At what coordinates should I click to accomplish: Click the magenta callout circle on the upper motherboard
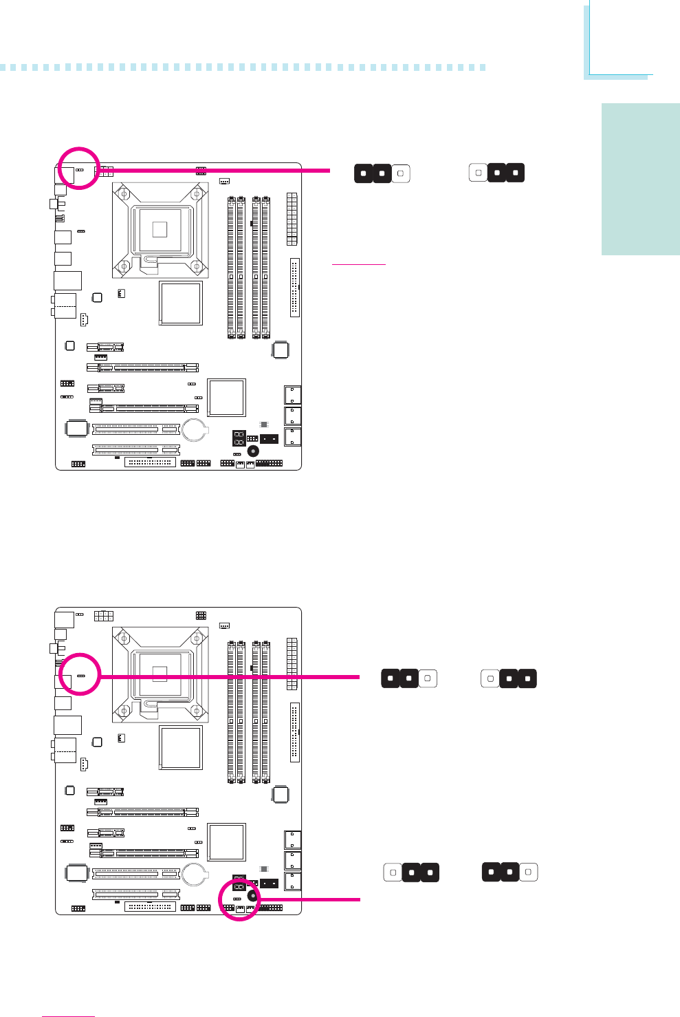[x=79, y=167]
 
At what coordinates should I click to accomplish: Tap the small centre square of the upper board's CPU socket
[x=160, y=228]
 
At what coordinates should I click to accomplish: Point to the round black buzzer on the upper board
[x=254, y=451]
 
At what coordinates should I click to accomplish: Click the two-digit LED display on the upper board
[x=239, y=438]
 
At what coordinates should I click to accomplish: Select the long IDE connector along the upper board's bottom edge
[x=151, y=462]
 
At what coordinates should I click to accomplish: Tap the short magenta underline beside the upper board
[x=358, y=264]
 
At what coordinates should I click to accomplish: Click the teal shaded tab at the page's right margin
[x=640, y=179]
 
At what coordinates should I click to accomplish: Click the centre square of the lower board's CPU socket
[x=160, y=673]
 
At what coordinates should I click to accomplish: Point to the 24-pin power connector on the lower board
[x=292, y=663]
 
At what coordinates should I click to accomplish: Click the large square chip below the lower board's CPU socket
[x=180, y=747]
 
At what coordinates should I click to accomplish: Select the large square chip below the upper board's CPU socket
[x=180, y=303]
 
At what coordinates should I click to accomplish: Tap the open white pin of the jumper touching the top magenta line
[x=400, y=173]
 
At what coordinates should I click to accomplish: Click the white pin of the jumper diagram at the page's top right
[x=479, y=173]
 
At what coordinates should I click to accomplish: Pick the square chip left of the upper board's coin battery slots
[x=77, y=428]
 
